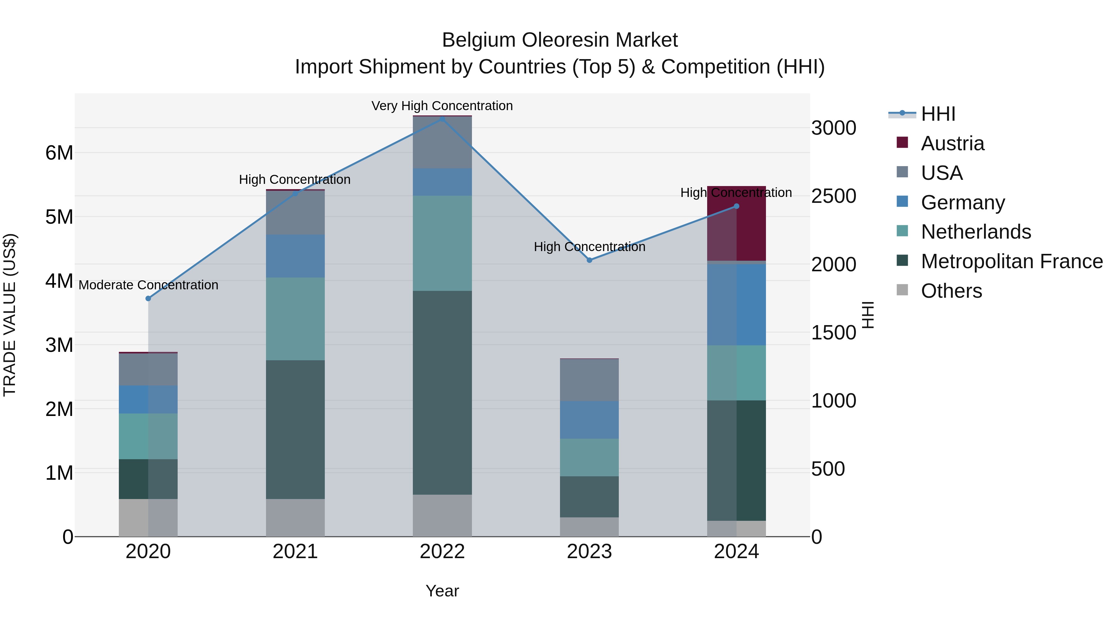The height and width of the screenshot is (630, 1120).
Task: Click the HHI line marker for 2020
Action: coord(148,298)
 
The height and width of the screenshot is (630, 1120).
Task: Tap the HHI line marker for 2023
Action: coord(589,260)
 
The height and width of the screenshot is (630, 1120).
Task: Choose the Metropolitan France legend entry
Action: coord(1011,261)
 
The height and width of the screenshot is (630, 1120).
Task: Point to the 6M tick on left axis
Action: coord(59,153)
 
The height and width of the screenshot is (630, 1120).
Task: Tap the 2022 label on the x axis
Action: coord(442,552)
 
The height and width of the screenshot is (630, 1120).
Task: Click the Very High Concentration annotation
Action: coord(442,106)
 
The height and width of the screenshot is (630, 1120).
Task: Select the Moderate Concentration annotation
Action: coord(148,285)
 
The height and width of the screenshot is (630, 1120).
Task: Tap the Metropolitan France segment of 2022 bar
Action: coord(442,392)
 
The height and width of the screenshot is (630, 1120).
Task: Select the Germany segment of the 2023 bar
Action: coord(589,420)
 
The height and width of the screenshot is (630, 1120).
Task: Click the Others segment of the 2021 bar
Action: coord(295,517)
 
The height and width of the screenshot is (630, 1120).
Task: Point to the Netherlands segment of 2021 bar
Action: coord(295,319)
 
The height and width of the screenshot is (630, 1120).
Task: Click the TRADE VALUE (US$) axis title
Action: coord(10,315)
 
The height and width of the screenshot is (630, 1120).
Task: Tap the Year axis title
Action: coord(442,591)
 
